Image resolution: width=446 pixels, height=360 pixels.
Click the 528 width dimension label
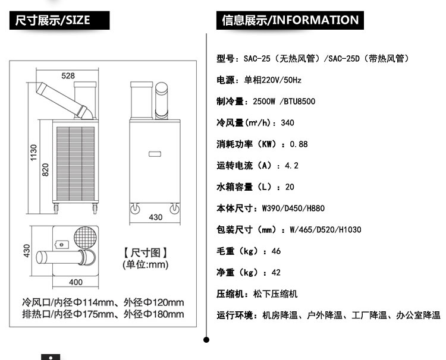68,75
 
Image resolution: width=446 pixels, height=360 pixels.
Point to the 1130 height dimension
33,153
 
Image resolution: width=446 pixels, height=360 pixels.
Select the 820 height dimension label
45,170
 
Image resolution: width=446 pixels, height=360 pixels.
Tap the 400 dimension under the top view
76,282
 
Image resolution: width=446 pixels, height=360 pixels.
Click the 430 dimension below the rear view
156,217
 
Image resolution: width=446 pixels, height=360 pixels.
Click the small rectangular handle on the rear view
155,154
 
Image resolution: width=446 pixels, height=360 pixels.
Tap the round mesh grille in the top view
85,238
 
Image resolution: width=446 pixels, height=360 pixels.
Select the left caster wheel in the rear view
135,209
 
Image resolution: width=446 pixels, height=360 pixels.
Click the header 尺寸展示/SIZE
53,20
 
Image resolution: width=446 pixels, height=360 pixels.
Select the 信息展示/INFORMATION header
290,20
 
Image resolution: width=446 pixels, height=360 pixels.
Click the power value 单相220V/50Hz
272,80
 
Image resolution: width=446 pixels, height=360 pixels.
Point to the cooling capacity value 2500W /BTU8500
284,102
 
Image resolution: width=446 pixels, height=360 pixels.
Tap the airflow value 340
287,123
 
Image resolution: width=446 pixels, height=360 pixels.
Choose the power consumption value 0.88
299,144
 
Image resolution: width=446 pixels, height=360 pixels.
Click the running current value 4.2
291,165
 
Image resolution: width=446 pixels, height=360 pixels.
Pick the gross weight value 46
276,251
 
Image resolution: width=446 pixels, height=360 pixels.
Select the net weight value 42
276,273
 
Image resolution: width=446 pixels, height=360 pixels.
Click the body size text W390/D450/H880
293,209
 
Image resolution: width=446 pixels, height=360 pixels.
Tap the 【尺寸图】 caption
145,252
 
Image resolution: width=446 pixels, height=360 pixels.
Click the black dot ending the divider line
206,340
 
